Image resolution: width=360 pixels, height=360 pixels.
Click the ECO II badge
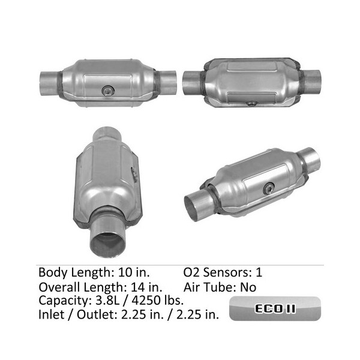(275, 308)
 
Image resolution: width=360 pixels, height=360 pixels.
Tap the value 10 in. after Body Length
(134, 272)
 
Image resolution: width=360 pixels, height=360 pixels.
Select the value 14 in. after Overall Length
(146, 287)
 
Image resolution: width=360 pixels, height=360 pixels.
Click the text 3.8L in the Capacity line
(107, 301)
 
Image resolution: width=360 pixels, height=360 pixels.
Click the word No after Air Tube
(248, 287)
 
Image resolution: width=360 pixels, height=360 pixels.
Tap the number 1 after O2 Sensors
(259, 272)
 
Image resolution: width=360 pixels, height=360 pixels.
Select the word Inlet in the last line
(51, 314)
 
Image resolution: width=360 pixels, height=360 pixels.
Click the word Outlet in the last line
(95, 314)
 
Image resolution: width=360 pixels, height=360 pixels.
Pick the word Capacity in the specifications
(64, 301)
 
